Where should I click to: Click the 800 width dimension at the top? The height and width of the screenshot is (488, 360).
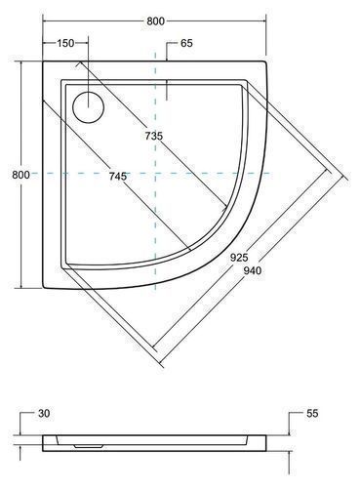[156, 21]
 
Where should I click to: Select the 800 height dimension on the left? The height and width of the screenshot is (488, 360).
[20, 175]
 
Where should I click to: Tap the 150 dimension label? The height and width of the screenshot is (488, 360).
[65, 43]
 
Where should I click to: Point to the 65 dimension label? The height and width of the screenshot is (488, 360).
[186, 43]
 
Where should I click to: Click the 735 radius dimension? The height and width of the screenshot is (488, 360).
[154, 136]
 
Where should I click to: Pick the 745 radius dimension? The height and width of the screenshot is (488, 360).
[118, 177]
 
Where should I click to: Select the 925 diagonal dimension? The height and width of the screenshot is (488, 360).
[239, 258]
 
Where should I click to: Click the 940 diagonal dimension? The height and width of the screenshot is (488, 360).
[253, 270]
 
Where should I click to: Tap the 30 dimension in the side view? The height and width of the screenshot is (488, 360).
[44, 414]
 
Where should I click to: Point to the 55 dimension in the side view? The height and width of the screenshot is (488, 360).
[312, 414]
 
